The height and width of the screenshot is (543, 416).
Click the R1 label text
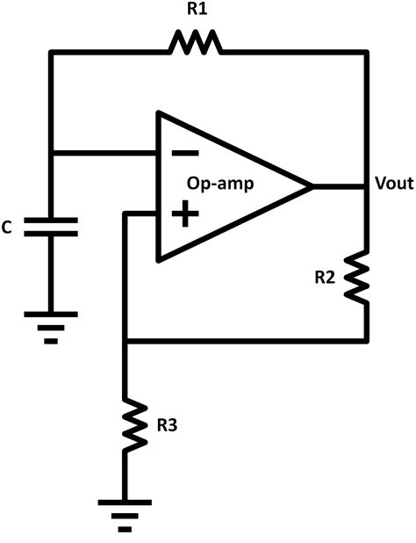pyautogui.click(x=197, y=9)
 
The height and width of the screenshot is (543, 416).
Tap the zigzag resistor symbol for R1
pyautogui.click(x=196, y=42)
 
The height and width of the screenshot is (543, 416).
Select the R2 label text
pyautogui.click(x=325, y=278)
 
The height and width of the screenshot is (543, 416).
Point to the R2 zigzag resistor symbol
pyautogui.click(x=357, y=278)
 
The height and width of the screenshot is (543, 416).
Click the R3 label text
pyautogui.click(x=167, y=425)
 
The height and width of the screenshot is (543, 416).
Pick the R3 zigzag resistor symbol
pyautogui.click(x=135, y=424)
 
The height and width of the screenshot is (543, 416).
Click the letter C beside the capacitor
pyautogui.click(x=6, y=228)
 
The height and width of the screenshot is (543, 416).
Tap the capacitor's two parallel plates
pyautogui.click(x=51, y=227)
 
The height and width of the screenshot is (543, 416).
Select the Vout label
pyautogui.click(x=394, y=183)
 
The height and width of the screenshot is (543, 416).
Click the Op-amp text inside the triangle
pyautogui.click(x=220, y=185)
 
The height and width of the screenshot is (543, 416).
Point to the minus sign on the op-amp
pyautogui.click(x=185, y=153)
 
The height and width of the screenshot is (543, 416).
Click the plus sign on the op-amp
pyautogui.click(x=185, y=214)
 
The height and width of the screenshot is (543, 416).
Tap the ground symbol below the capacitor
pyautogui.click(x=51, y=327)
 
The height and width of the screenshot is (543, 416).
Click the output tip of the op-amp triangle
pyautogui.click(x=312, y=186)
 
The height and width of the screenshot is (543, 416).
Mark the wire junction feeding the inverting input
pyautogui.click(x=51, y=153)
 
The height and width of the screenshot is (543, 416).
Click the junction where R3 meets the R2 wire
pyautogui.click(x=126, y=341)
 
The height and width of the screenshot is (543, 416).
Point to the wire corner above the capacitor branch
pyautogui.click(x=51, y=53)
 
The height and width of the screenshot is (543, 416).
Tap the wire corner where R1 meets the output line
pyautogui.click(x=367, y=53)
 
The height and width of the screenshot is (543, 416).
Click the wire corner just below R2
pyautogui.click(x=367, y=341)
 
